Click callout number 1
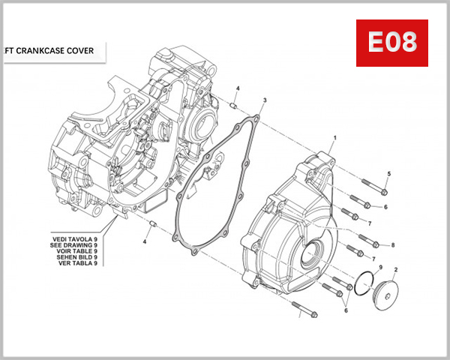pyautogui.click(x=334, y=138)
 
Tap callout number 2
pyautogui.click(x=395, y=268)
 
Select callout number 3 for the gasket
pyautogui.click(x=264, y=100)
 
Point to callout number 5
pyautogui.click(x=388, y=174)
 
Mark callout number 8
pyautogui.click(x=392, y=245)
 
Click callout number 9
pyautogui.click(x=380, y=268)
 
